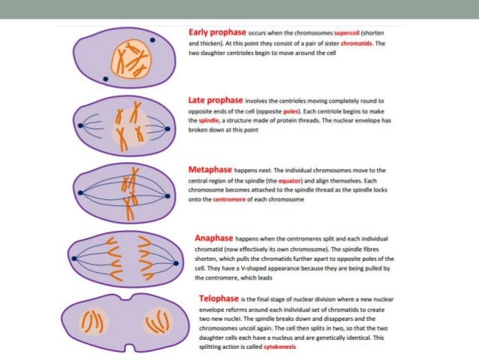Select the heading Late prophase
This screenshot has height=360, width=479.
click(215, 98)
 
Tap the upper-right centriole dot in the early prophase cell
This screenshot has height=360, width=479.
click(155, 40)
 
